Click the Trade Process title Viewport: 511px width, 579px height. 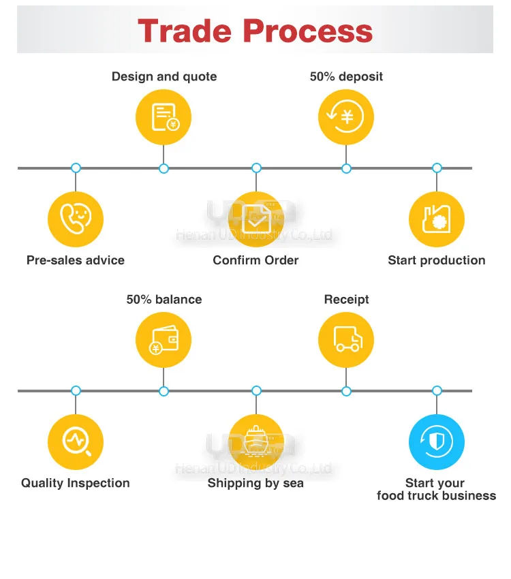point(255,31)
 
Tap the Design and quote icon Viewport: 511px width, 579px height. point(164,116)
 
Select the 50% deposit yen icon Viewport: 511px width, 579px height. point(346,116)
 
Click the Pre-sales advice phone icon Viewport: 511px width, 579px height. point(76,219)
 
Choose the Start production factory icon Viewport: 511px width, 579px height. point(437,219)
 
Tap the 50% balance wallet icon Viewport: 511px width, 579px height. point(164,340)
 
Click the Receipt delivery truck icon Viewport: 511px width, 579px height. point(346,340)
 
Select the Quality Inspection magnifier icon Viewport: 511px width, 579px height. point(76,442)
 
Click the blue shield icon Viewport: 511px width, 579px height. point(437,442)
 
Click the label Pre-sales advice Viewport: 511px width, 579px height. point(76,260)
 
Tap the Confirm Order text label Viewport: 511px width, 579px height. point(255,260)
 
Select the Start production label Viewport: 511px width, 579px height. point(437,260)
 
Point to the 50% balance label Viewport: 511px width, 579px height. point(164,300)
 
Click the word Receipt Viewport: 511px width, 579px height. point(346,300)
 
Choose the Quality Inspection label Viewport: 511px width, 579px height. point(76,483)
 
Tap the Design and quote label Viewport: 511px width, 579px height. point(164,76)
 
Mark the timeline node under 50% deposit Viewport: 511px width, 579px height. point(346,168)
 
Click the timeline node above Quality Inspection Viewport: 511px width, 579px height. point(76,390)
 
